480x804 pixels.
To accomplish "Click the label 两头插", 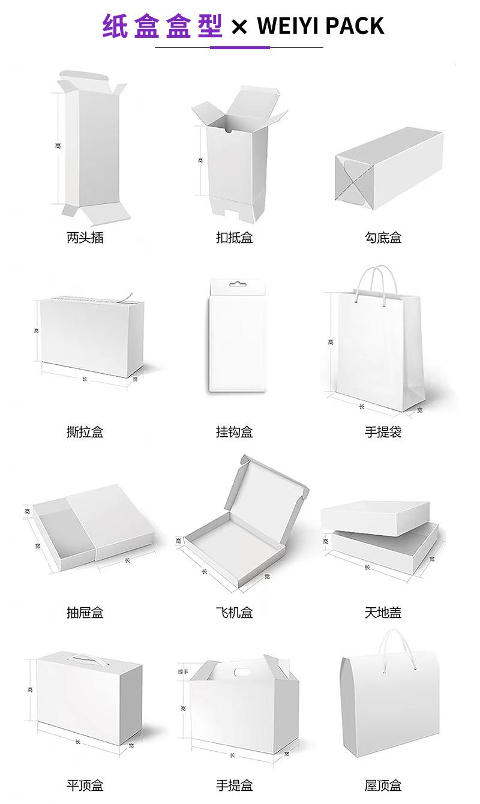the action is pos(85,238).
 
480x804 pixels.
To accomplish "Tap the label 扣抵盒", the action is pos(234,238).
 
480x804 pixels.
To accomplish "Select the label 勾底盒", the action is pos(383,238).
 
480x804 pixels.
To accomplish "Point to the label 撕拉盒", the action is pos(85,431).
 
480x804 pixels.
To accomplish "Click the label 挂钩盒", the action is pos(234,431).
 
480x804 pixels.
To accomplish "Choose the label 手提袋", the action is pos(383,431).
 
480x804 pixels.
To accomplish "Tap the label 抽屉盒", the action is pos(85,613).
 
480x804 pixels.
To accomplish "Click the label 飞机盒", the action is pos(234,613).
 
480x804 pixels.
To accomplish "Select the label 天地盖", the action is pos(383,613).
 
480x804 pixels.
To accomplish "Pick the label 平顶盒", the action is pos(85,785).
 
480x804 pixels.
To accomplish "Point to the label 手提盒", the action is pos(234,785).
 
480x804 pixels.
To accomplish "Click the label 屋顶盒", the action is pos(383,785).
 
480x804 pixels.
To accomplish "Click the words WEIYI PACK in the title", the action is pos(320,26).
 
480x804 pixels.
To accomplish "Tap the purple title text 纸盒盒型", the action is pos(163,26).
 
